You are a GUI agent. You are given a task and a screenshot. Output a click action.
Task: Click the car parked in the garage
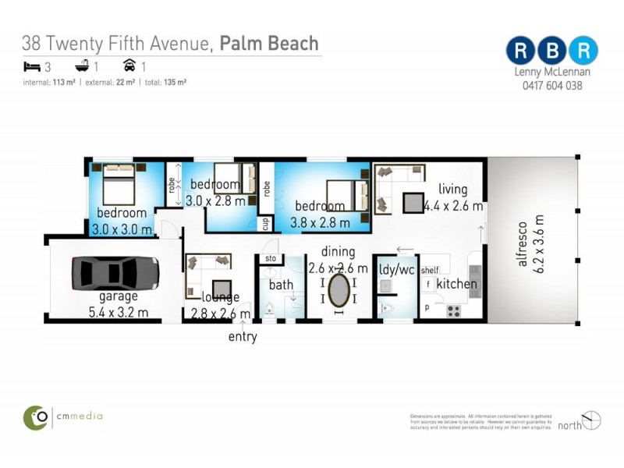click(116, 273)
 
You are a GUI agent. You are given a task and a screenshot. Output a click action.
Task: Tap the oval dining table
click(339, 291)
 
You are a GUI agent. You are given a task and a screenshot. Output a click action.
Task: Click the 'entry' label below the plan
click(243, 337)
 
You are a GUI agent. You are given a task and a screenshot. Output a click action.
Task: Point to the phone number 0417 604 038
click(551, 86)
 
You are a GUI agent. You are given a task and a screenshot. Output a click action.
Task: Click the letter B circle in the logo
click(551, 50)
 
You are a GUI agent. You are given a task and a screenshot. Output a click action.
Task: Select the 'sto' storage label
click(271, 258)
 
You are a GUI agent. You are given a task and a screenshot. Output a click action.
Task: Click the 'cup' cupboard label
click(266, 223)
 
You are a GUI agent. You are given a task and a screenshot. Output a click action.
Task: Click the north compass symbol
click(591, 420)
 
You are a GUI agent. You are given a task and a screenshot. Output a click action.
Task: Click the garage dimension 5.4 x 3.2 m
click(119, 314)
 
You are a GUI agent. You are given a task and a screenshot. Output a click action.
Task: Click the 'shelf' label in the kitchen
click(430, 270)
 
